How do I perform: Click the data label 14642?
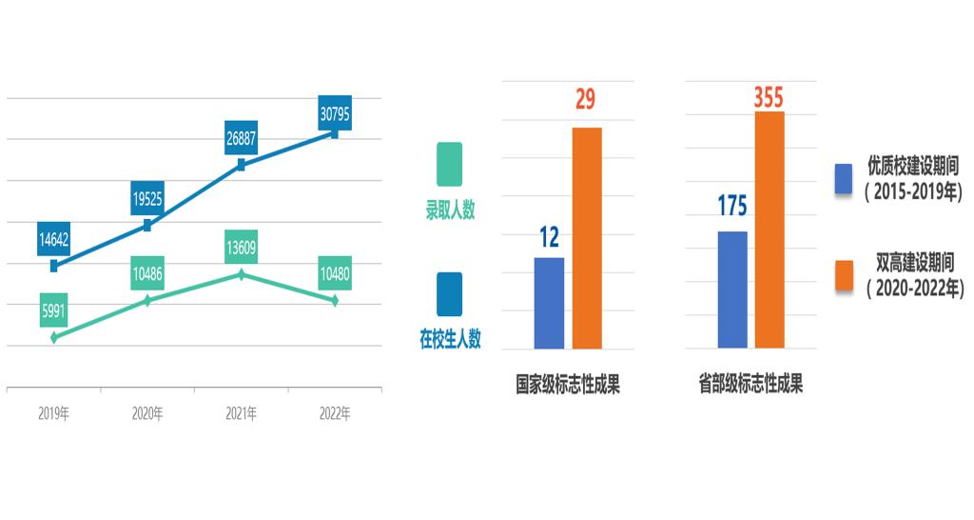pyautogui.click(x=54, y=238)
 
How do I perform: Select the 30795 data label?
pyautogui.click(x=334, y=113)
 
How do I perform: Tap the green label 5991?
pyautogui.click(x=54, y=310)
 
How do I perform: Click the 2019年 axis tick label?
pyautogui.click(x=54, y=414)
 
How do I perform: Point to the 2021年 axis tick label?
pyautogui.click(x=241, y=414)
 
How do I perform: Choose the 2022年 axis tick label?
pyautogui.click(x=334, y=414)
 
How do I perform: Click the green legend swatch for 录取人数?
pyautogui.click(x=449, y=165)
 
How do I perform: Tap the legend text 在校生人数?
pyautogui.click(x=450, y=338)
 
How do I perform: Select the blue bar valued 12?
pyautogui.click(x=549, y=303)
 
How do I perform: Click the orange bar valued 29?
pyautogui.click(x=587, y=238)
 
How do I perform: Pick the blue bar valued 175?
pyautogui.click(x=732, y=290)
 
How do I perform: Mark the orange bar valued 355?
pyautogui.click(x=769, y=230)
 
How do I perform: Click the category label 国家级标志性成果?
pyautogui.click(x=568, y=386)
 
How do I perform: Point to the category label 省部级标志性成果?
pyautogui.click(x=750, y=386)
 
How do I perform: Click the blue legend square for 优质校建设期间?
pyautogui.click(x=843, y=179)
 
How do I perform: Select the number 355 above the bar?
pyautogui.click(x=769, y=97)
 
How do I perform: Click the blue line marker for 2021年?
pyautogui.click(x=241, y=165)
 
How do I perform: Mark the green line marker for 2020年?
pyautogui.click(x=147, y=300)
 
